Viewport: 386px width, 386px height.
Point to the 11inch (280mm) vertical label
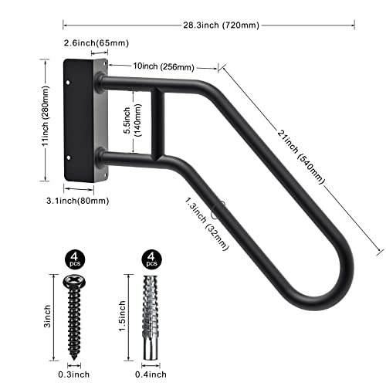47,119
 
